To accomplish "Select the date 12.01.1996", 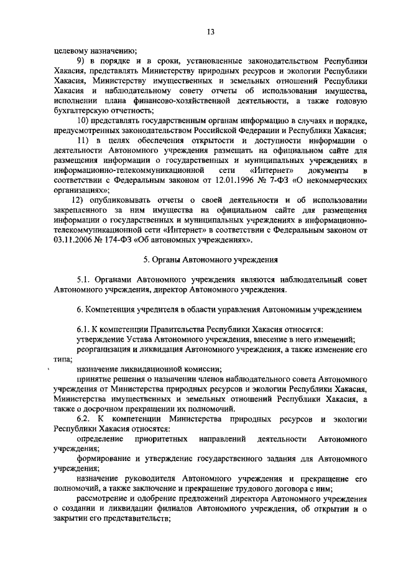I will (226, 179).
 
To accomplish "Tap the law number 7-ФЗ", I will (273, 179).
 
